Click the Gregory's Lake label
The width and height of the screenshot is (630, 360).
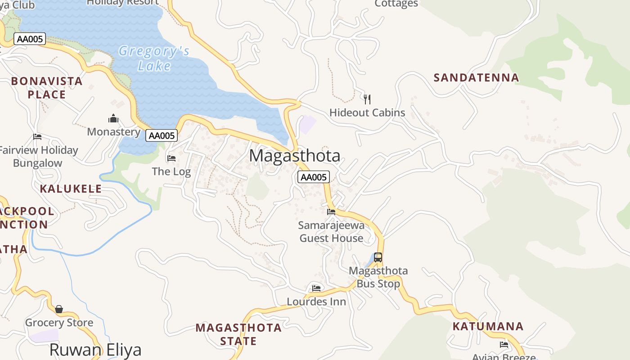154,58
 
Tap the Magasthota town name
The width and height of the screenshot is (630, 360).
295,156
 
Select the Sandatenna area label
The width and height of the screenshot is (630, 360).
476,77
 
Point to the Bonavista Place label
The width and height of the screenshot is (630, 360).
47,88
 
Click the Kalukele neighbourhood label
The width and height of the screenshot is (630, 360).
71,189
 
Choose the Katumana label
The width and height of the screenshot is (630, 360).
488,326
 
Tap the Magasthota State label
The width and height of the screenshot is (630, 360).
238,334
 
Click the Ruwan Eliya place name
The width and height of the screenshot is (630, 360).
95,350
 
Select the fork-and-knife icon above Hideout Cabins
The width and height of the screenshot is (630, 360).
367,99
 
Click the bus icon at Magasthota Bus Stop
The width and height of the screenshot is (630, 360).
378,257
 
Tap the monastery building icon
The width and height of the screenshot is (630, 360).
113,118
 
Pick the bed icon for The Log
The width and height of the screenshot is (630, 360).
171,158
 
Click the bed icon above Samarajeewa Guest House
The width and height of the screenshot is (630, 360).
331,211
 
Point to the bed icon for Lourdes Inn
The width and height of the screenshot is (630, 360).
316,288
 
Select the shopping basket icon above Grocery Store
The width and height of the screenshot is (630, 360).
59,309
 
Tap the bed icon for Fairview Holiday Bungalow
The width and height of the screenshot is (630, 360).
37,136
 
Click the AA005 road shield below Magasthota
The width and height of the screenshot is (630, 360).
314,177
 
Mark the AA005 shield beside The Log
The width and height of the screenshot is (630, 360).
162,135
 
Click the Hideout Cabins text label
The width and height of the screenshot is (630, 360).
367,112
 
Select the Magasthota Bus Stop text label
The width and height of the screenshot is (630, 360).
378,277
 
